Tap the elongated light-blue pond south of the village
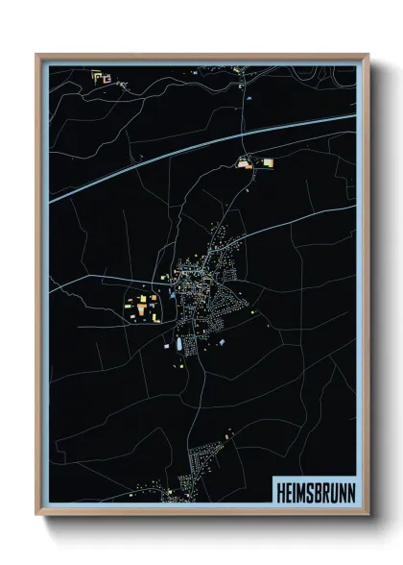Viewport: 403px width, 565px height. point(178,342)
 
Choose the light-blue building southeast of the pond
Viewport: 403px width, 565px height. point(222,341)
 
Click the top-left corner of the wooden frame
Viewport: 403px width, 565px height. point(37,55)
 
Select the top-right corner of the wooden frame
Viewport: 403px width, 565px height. point(367,55)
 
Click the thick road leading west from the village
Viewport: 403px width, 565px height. point(106,280)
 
